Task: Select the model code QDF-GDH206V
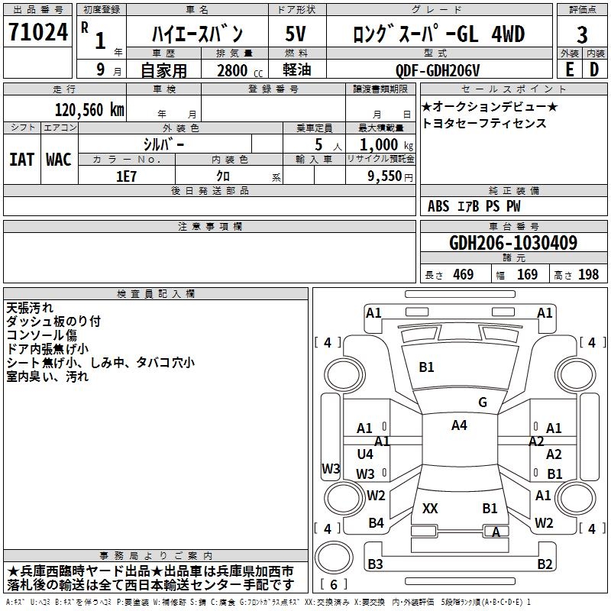(437, 70)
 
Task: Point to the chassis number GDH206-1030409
(513, 243)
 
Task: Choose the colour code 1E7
(126, 176)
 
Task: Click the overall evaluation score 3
(582, 34)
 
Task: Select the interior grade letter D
(594, 69)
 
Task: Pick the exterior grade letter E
(569, 69)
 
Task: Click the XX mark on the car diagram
(430, 508)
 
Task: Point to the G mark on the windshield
(482, 402)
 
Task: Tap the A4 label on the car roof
(458, 425)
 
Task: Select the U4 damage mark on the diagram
(365, 454)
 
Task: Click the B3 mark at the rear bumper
(375, 564)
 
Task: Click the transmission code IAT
(22, 159)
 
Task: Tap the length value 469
(463, 275)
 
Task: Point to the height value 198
(589, 275)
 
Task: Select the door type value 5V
(296, 34)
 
